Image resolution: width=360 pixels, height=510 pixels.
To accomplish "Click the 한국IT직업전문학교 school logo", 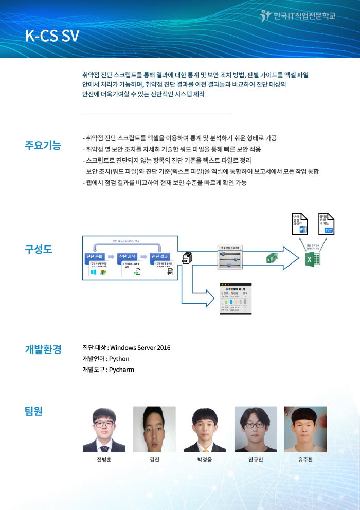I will click(298, 16).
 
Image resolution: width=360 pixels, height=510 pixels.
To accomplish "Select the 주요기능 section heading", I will click(43, 145).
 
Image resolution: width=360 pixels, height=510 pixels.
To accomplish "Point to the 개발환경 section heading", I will click(43, 349).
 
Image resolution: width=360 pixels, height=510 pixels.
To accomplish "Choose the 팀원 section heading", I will click(34, 411).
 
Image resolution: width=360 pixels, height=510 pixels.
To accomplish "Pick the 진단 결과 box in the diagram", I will click(163, 256).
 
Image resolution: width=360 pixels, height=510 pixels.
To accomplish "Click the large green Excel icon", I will click(313, 260).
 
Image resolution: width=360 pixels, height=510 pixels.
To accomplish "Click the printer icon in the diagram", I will click(188, 258).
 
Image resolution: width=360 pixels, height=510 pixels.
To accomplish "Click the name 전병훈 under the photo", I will click(103, 459).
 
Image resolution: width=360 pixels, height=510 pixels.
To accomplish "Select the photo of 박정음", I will click(205, 429).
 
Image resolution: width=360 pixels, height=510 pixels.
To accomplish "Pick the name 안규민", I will click(256, 459).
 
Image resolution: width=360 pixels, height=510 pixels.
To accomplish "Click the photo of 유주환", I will click(305, 429).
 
